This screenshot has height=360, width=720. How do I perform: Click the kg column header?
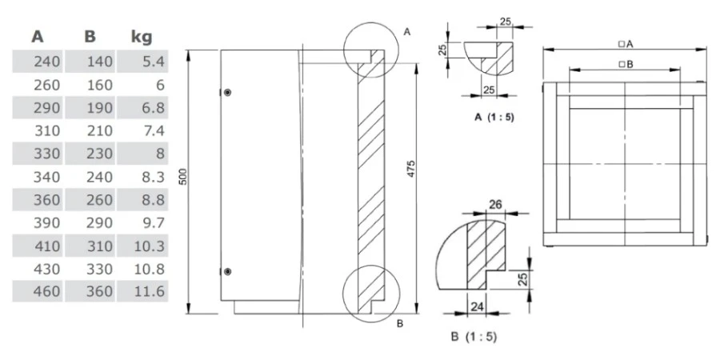(x=141, y=37)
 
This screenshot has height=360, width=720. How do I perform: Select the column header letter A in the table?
(x=38, y=37)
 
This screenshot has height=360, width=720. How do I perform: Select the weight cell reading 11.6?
(x=150, y=291)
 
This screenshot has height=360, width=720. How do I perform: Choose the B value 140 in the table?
(x=98, y=61)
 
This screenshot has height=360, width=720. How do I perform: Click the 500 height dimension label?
(x=182, y=178)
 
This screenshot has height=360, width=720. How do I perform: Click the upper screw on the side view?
(x=228, y=93)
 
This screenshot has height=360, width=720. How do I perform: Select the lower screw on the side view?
(x=228, y=272)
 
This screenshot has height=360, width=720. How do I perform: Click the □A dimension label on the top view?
(x=626, y=43)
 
